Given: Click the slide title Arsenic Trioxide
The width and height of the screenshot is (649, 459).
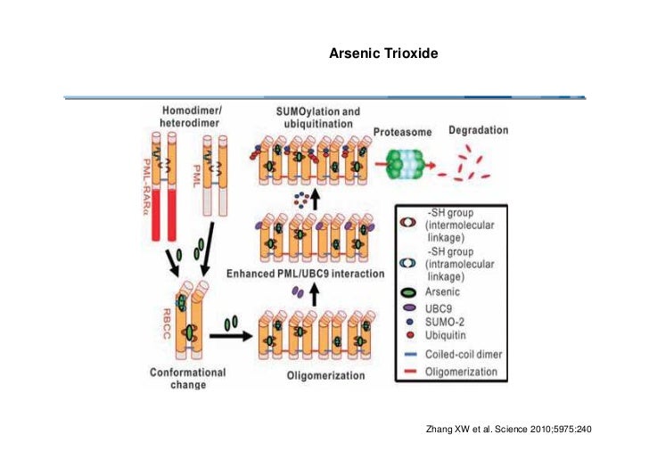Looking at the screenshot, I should pyautogui.click(x=383, y=54).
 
